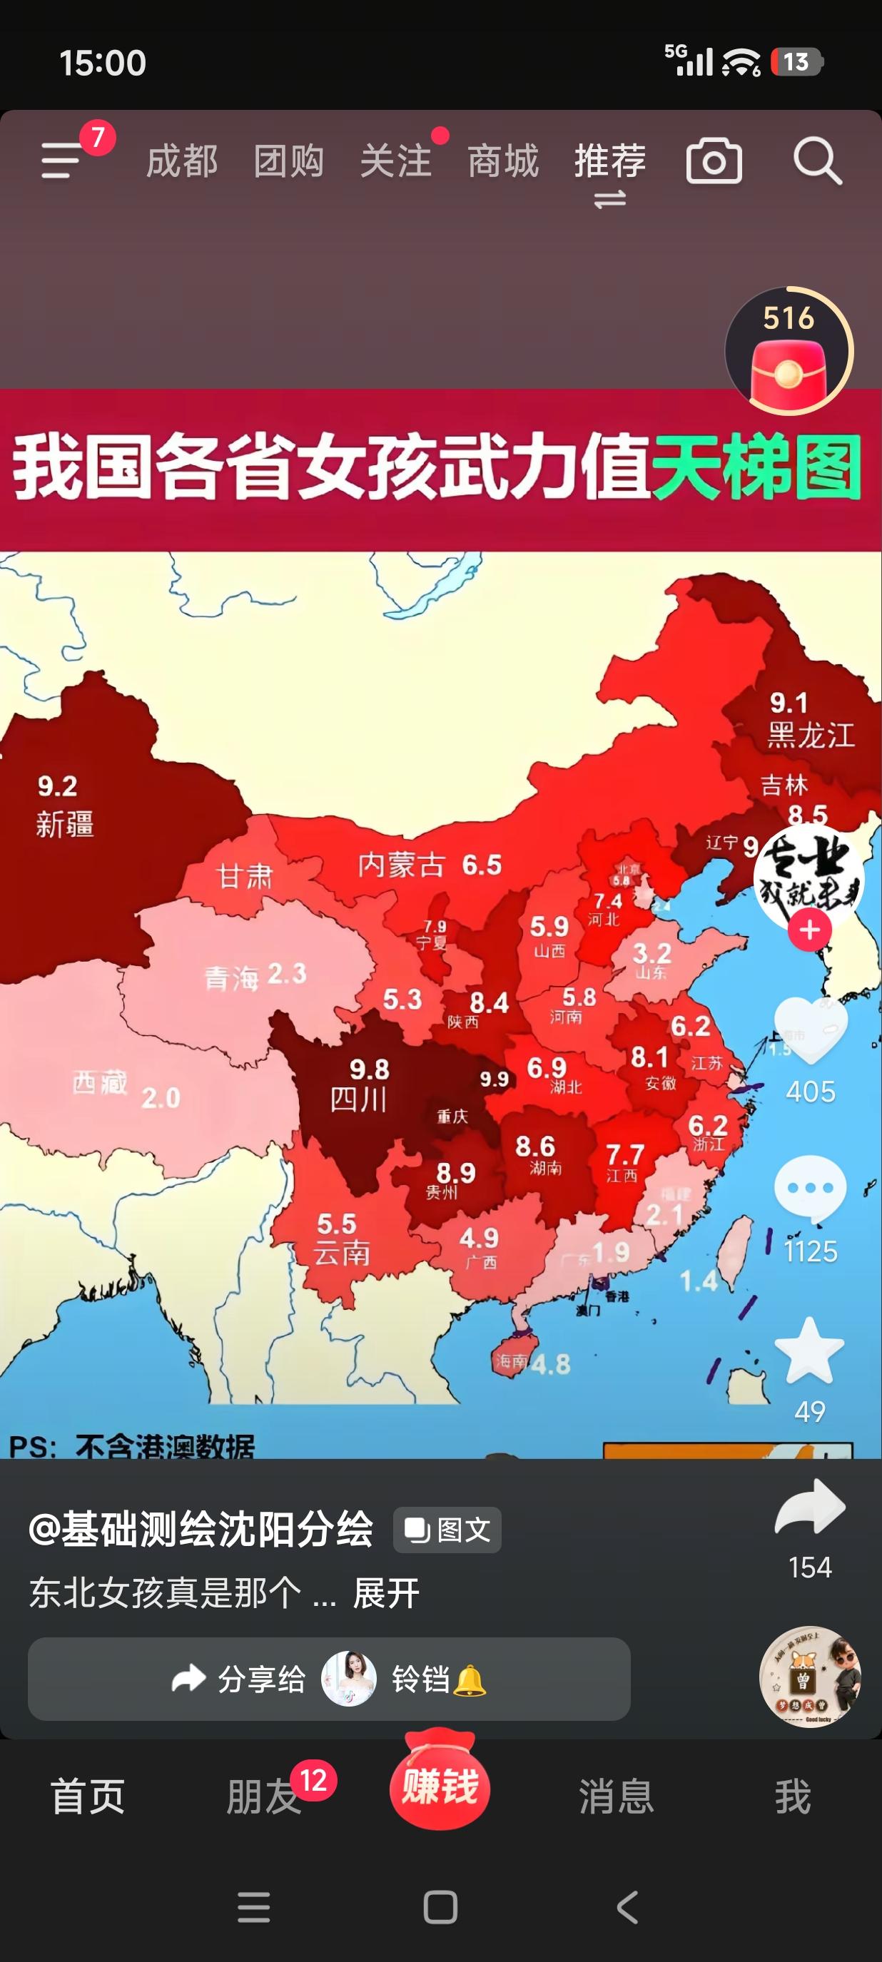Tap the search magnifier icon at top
817,161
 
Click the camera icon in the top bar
714,161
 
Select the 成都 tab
182,161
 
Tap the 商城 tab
502,161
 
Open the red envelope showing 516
789,352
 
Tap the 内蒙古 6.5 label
430,865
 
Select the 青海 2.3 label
255,975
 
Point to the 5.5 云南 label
340,1239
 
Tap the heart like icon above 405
810,1030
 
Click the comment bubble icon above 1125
810,1189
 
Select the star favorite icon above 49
809,1351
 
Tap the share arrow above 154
810,1508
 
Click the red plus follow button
809,930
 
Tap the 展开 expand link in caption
386,1593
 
